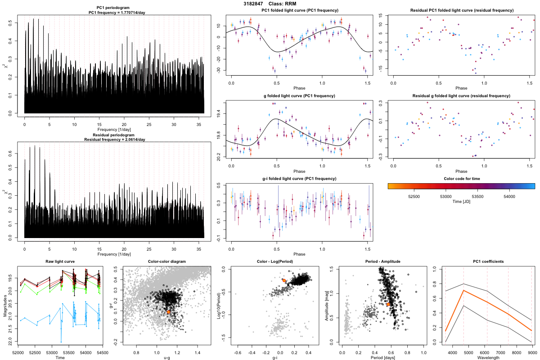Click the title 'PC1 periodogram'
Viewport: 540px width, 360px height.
[114, 9]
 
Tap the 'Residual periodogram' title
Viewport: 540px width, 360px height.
[114, 135]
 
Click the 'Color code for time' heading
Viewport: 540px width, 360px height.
[461, 178]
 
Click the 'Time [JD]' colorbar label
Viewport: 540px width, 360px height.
[461, 202]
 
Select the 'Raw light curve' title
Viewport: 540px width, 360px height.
[60, 261]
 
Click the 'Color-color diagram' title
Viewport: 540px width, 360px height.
[166, 261]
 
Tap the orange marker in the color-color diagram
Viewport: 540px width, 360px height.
[168, 311]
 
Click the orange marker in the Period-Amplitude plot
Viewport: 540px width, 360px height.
[388, 305]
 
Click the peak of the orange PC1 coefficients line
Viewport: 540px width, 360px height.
[463, 291]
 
